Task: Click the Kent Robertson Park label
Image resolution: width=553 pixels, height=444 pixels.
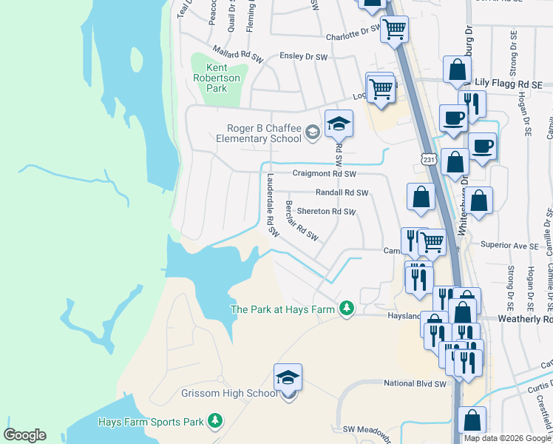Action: (x=216, y=78)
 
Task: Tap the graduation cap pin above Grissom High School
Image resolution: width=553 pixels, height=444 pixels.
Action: (x=288, y=378)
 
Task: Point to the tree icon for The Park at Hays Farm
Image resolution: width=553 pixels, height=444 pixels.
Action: (x=346, y=308)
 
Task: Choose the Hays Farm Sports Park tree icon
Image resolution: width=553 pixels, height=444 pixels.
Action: (x=214, y=422)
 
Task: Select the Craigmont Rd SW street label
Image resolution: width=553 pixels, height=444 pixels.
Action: (x=325, y=174)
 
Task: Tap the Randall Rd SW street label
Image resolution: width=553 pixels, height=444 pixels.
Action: (x=342, y=192)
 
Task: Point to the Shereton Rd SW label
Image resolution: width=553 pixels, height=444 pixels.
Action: (x=326, y=212)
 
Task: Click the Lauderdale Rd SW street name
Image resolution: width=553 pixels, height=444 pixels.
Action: (x=271, y=204)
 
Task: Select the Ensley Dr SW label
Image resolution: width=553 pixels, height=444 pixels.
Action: (x=303, y=57)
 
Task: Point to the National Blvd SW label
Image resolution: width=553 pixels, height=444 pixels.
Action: (x=415, y=384)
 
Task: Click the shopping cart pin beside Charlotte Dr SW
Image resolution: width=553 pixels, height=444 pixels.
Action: (x=394, y=30)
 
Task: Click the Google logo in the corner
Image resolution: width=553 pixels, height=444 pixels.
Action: (x=24, y=435)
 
